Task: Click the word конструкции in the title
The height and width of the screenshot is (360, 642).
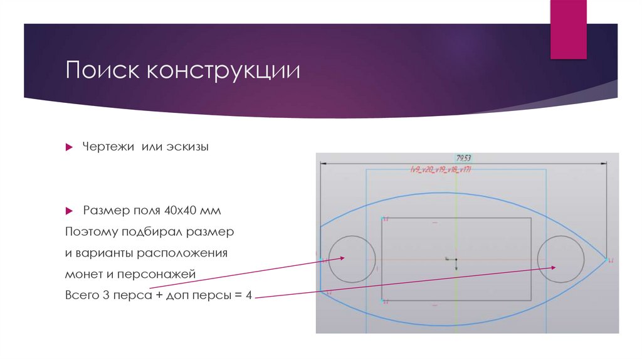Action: pyautogui.click(x=224, y=70)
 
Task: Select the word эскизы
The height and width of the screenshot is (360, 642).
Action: pyautogui.click(x=186, y=147)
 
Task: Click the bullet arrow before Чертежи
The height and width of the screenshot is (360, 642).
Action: pyautogui.click(x=70, y=147)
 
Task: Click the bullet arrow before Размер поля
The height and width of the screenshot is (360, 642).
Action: pyautogui.click(x=70, y=209)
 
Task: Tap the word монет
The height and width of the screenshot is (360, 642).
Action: pyautogui.click(x=82, y=274)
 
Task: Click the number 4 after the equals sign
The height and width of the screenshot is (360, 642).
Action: pyautogui.click(x=248, y=295)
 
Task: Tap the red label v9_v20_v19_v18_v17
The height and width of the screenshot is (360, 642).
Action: pyautogui.click(x=441, y=169)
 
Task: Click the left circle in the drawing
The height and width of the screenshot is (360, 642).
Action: pyautogui.click(x=351, y=259)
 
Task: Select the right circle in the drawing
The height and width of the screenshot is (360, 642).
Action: pyautogui.click(x=561, y=259)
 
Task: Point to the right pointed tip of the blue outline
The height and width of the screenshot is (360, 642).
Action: pyautogui.click(x=606, y=258)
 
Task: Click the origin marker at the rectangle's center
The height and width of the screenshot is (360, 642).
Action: pyautogui.click(x=456, y=259)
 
